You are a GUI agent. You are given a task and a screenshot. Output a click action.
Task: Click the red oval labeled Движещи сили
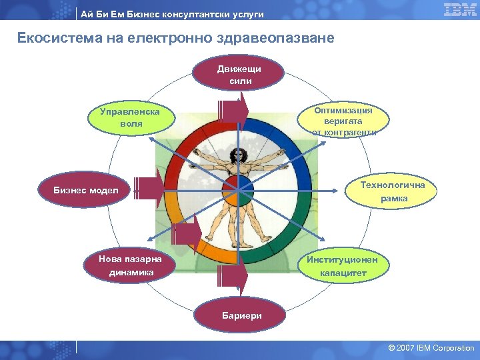(239, 75)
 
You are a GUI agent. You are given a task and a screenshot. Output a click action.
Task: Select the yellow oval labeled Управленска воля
(131, 117)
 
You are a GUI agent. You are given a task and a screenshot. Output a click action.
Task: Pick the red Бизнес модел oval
(87, 191)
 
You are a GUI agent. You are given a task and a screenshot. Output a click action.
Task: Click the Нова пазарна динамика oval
(126, 265)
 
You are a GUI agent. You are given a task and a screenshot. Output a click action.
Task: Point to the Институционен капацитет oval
(343, 266)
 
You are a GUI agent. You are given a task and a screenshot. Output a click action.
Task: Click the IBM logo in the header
(460, 9)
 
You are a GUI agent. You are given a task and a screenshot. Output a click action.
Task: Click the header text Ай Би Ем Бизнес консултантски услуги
(172, 14)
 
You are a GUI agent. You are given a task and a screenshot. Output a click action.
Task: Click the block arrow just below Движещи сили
(233, 110)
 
